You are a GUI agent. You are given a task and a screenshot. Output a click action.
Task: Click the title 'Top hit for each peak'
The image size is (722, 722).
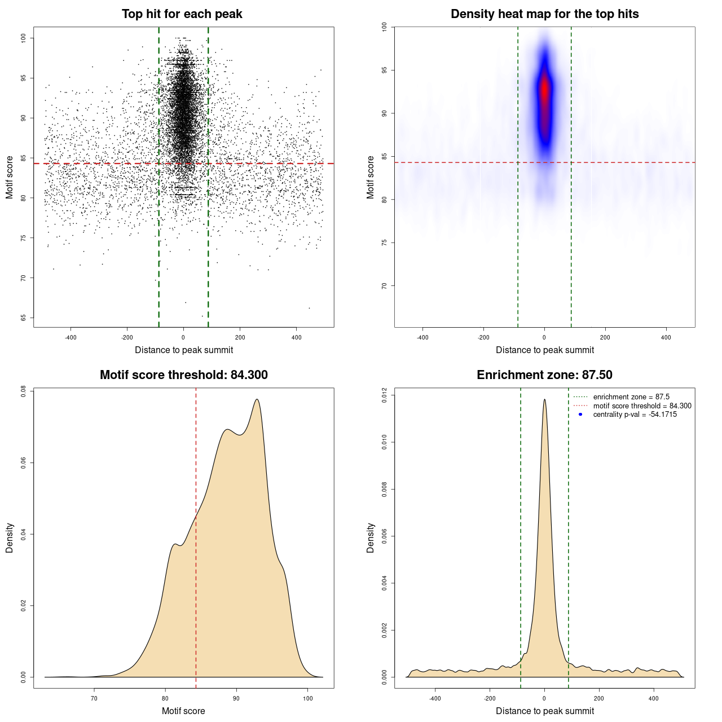(x=182, y=14)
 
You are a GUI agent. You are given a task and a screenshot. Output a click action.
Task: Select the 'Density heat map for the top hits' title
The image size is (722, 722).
(x=544, y=14)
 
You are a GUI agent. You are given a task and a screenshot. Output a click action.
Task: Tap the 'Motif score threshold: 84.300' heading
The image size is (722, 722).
(x=183, y=375)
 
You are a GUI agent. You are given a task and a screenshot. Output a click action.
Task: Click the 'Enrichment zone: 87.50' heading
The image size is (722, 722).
(x=544, y=375)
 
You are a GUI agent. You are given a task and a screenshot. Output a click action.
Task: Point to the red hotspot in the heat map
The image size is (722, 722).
(x=544, y=90)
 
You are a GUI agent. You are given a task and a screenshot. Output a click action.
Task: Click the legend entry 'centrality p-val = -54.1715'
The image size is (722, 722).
(x=635, y=415)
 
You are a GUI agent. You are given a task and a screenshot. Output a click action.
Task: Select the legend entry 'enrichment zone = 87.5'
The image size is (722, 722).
(x=631, y=397)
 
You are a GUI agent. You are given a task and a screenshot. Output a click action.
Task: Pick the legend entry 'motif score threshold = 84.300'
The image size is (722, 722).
(x=642, y=406)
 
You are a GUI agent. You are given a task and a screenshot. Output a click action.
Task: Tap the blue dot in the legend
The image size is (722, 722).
(x=580, y=415)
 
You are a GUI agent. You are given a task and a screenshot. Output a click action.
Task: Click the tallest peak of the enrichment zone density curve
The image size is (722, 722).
(x=544, y=400)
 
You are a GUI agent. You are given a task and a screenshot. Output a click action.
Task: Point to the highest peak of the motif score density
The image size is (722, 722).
(x=257, y=400)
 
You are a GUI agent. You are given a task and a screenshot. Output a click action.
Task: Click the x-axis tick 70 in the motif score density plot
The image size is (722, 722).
(x=94, y=698)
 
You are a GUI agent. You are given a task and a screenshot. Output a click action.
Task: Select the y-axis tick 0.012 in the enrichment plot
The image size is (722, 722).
(x=385, y=396)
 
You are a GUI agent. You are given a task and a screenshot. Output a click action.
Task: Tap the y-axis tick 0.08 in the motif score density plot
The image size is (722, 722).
(x=24, y=391)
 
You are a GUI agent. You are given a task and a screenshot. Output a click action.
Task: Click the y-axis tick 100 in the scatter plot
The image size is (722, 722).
(x=24, y=38)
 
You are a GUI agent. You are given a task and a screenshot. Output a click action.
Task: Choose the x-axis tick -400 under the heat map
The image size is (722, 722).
(x=422, y=337)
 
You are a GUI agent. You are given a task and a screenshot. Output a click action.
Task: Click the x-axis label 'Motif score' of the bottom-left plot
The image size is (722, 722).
(x=183, y=711)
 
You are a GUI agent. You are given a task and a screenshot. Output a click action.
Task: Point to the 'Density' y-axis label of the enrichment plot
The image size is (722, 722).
(x=371, y=538)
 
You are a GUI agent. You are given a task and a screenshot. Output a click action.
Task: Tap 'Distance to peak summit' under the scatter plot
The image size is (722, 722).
(x=184, y=350)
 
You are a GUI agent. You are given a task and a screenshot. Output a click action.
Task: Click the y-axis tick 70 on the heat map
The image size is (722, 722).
(x=385, y=286)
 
